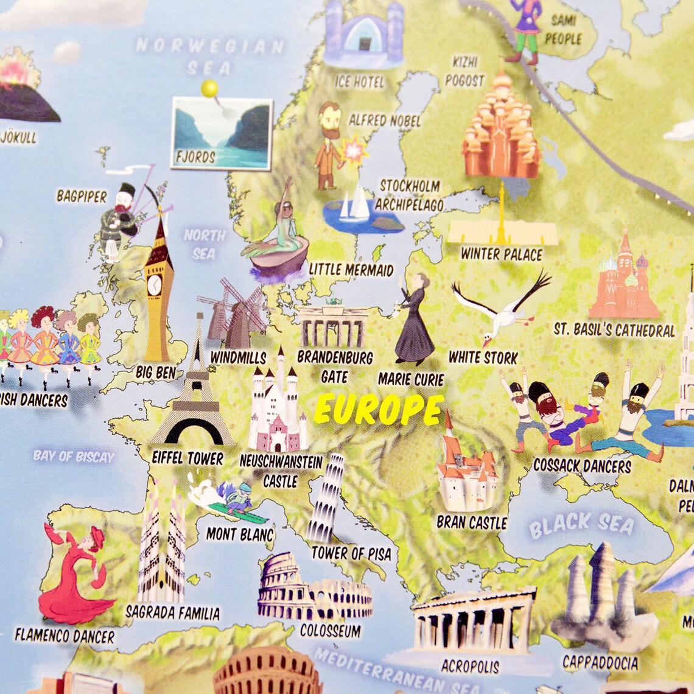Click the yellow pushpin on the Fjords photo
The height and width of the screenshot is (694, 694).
click(x=210, y=89)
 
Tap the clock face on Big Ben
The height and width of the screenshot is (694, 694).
click(x=155, y=284)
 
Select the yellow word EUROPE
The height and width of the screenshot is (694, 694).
click(x=379, y=409)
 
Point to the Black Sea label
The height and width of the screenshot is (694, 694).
click(x=581, y=524)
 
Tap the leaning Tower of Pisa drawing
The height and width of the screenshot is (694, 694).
click(x=325, y=499)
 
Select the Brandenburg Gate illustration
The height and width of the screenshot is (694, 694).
click(x=333, y=326)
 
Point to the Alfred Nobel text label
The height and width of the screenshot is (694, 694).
click(x=384, y=121)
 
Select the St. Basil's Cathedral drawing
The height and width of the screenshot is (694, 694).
click(x=624, y=280)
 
